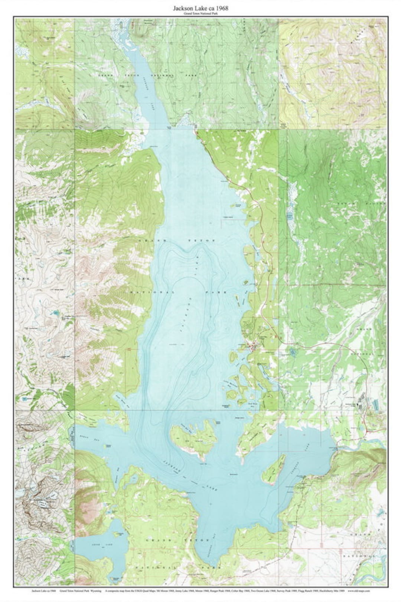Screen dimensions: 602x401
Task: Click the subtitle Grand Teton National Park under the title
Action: (200, 13)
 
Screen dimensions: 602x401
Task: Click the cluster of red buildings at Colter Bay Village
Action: (252, 348)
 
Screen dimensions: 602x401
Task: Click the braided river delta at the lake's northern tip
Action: (121, 35)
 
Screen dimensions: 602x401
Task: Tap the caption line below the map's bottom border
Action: (200, 590)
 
